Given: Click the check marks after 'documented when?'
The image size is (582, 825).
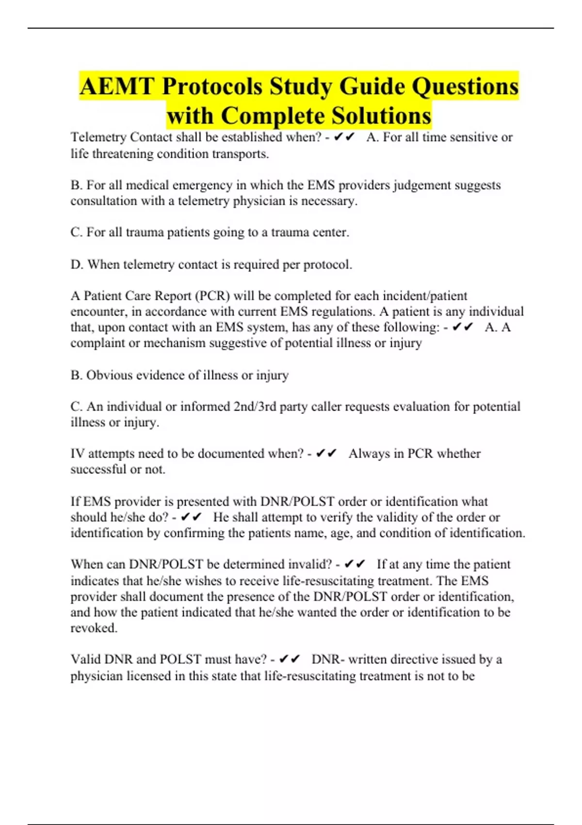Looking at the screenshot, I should coord(326,454).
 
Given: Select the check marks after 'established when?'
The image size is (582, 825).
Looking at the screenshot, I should coord(344,137).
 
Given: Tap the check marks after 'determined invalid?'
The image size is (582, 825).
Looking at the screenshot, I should coord(354,564).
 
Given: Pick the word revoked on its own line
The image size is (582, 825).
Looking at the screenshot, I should coord(93,628).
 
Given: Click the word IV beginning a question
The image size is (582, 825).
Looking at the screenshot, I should coord(78,454).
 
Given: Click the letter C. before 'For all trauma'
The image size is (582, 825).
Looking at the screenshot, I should coord(77,232).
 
